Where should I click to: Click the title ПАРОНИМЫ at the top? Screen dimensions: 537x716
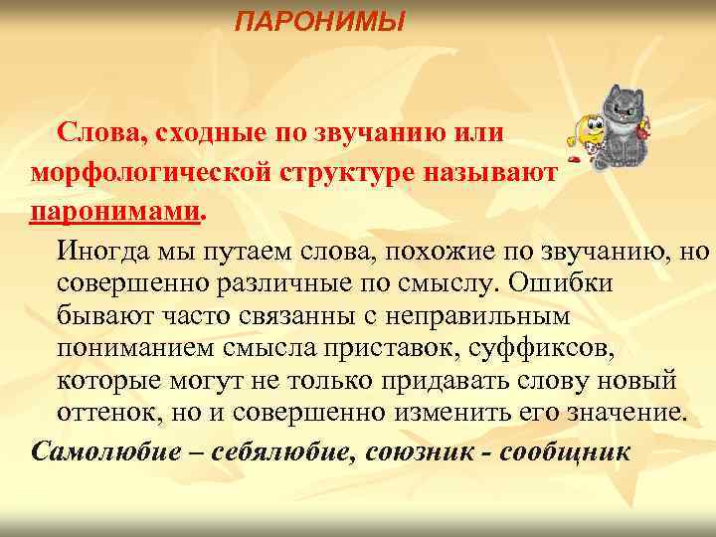(320, 21)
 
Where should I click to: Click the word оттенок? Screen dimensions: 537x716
(103, 414)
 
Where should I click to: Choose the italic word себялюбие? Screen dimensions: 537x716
(257, 450)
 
